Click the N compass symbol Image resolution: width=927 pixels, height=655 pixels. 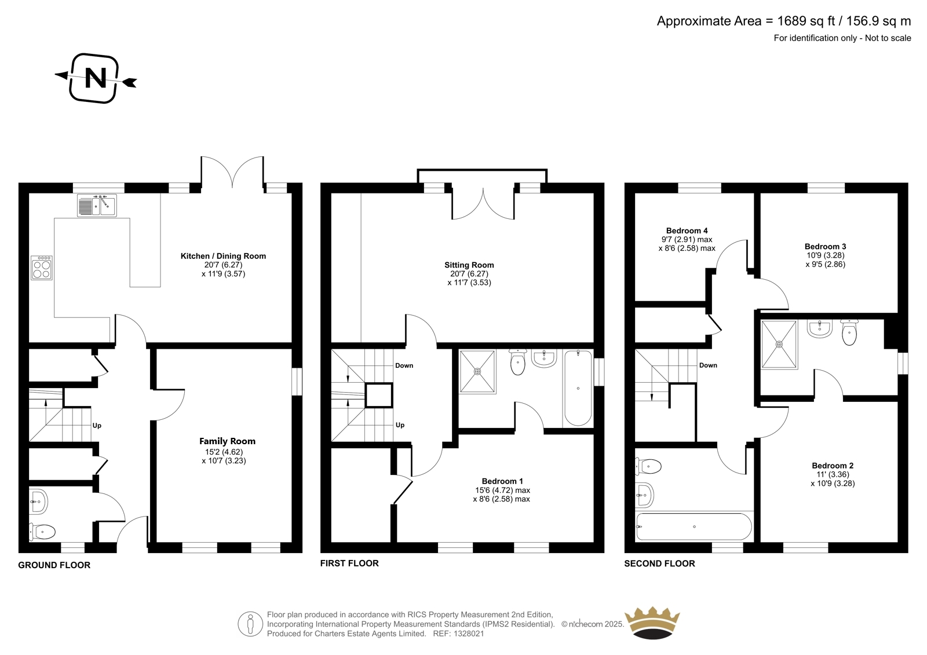pyautogui.click(x=96, y=78)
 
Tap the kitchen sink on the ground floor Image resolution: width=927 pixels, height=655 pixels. pyautogui.click(x=97, y=205)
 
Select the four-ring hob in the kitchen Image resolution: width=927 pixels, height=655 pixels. pyautogui.click(x=41, y=268)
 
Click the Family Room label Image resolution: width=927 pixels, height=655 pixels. pyautogui.click(x=227, y=441)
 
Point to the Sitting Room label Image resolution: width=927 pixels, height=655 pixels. pyautogui.click(x=469, y=265)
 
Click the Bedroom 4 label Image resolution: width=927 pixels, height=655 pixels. pyautogui.click(x=687, y=230)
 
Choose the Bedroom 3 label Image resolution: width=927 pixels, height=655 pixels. pyautogui.click(x=825, y=246)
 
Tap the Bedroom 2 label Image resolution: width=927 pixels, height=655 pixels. pyautogui.click(x=833, y=466)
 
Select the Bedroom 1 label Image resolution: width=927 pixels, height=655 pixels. pyautogui.click(x=502, y=481)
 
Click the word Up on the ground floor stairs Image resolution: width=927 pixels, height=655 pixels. pyautogui.click(x=97, y=425)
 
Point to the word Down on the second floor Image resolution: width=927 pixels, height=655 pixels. pyautogui.click(x=708, y=365)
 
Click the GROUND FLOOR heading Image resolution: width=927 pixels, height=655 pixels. pyautogui.click(x=54, y=565)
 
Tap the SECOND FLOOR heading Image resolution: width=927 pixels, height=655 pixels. pyautogui.click(x=660, y=563)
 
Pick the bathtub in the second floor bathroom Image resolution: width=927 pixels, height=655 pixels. pyautogui.click(x=694, y=527)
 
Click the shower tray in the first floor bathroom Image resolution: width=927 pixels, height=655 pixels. pyautogui.click(x=477, y=372)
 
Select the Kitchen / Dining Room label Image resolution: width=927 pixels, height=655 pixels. pyautogui.click(x=224, y=256)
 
